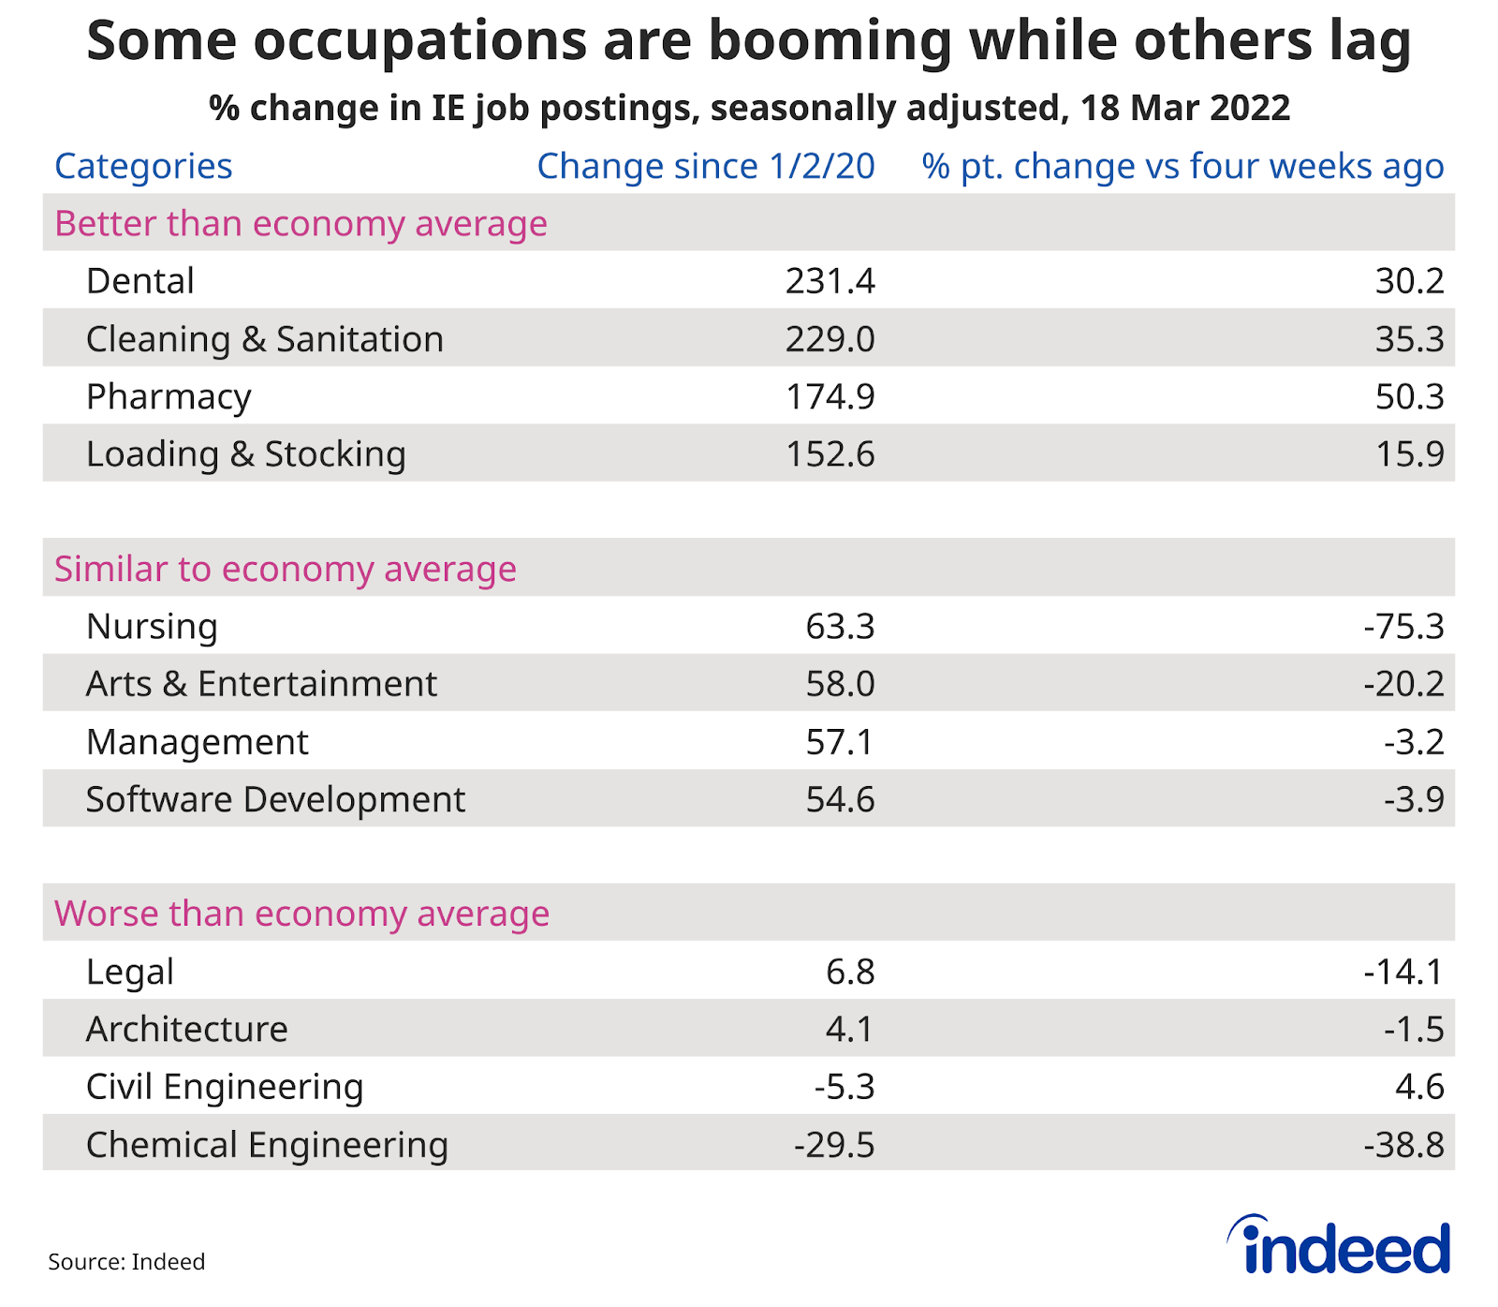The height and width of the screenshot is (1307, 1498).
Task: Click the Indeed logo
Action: (1340, 1246)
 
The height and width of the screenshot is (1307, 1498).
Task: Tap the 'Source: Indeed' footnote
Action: (126, 1262)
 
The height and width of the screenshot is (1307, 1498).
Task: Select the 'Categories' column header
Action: (143, 167)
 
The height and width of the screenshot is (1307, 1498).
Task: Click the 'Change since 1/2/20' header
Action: (705, 167)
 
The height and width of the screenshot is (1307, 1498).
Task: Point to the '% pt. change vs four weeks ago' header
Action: (1182, 167)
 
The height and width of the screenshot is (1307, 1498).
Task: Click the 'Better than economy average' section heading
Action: (301, 224)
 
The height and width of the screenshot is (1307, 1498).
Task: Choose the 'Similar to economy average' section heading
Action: (286, 569)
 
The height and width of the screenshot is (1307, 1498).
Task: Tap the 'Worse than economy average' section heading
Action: (301, 913)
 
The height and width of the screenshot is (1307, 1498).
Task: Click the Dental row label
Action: (140, 281)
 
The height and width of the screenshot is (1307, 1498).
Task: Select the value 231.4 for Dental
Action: (830, 281)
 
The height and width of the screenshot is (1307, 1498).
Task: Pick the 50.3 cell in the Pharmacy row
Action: (1409, 396)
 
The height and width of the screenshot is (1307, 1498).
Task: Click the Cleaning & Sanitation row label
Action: (265, 339)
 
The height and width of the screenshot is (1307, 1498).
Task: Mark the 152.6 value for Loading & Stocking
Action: (830, 454)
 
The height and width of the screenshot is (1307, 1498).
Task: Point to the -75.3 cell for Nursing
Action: (1403, 627)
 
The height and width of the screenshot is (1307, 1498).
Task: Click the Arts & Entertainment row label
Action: (261, 684)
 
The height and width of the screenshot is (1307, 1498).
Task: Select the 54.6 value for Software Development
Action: (840, 800)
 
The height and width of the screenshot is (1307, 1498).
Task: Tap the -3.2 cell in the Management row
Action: (1414, 742)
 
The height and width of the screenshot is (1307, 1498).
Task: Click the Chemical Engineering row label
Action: (267, 1145)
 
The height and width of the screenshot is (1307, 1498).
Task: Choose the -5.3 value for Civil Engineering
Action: (844, 1087)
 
